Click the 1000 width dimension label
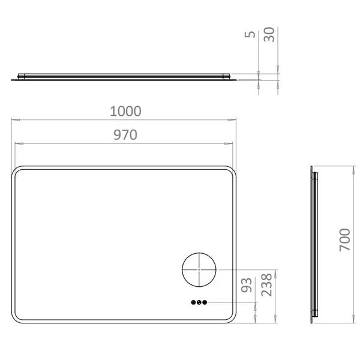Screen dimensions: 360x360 point(125,111)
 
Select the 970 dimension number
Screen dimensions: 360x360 point(125,135)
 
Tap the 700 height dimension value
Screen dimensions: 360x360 point(345,239)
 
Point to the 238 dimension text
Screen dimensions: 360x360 point(267,284)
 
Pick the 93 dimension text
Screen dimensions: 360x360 point(247,285)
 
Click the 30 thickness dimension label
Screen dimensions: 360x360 point(269,34)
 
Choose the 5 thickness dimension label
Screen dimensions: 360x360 point(250,34)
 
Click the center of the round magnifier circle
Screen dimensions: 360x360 point(199,269)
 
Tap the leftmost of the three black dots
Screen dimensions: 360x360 point(193,302)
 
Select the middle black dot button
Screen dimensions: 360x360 point(199,302)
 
